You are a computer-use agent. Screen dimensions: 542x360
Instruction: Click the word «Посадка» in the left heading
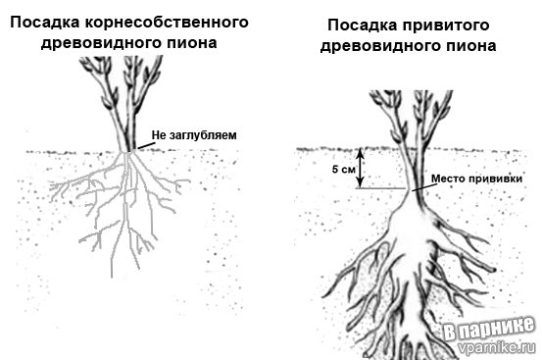[44, 23]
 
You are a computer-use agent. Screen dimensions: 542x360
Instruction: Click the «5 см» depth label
[343, 169]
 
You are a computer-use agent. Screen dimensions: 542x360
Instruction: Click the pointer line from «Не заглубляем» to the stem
[142, 146]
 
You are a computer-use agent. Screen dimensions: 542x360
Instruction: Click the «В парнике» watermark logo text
[487, 329]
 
